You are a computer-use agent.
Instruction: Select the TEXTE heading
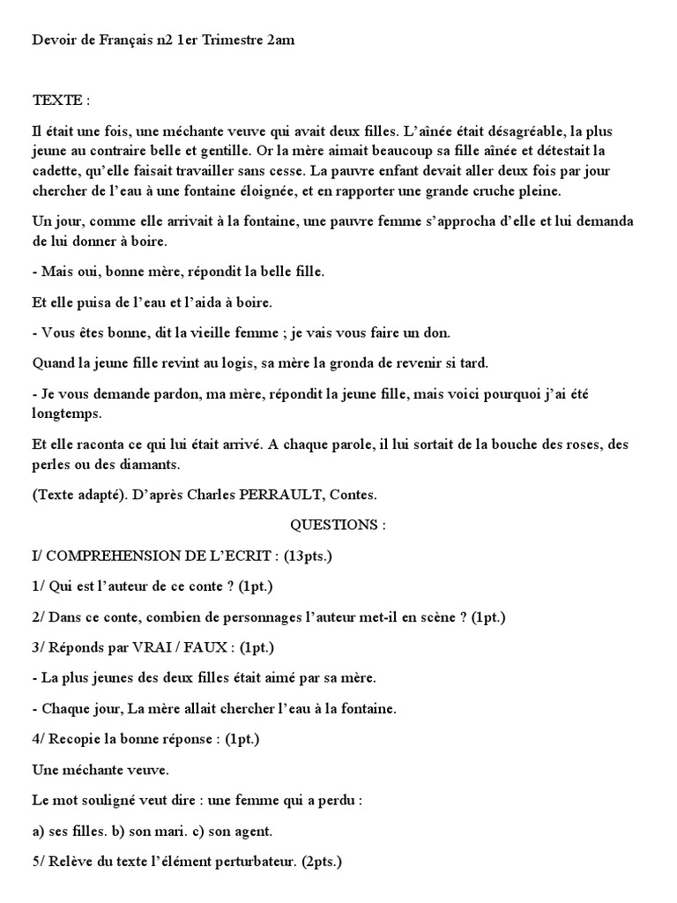coord(62,101)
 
